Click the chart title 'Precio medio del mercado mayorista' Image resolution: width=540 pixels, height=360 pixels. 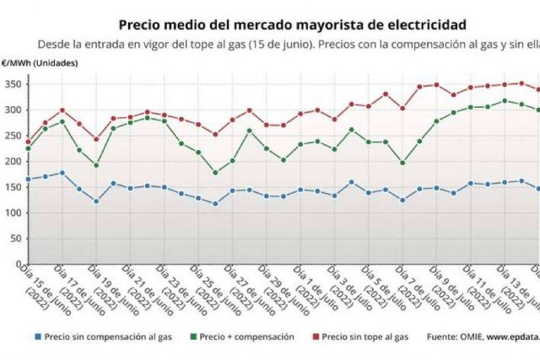(x=291, y=25)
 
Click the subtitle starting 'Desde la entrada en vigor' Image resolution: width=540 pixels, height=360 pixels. (x=287, y=45)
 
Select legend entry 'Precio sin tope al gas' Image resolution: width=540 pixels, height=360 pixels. (x=365, y=336)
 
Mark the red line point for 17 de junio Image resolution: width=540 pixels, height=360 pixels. (x=62, y=110)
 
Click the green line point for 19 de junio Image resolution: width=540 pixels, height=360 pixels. (x=96, y=165)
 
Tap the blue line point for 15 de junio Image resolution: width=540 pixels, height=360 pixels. (x=28, y=179)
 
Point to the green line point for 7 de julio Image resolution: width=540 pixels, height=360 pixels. (x=402, y=163)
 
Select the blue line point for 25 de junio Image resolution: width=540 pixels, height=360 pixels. (x=215, y=204)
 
